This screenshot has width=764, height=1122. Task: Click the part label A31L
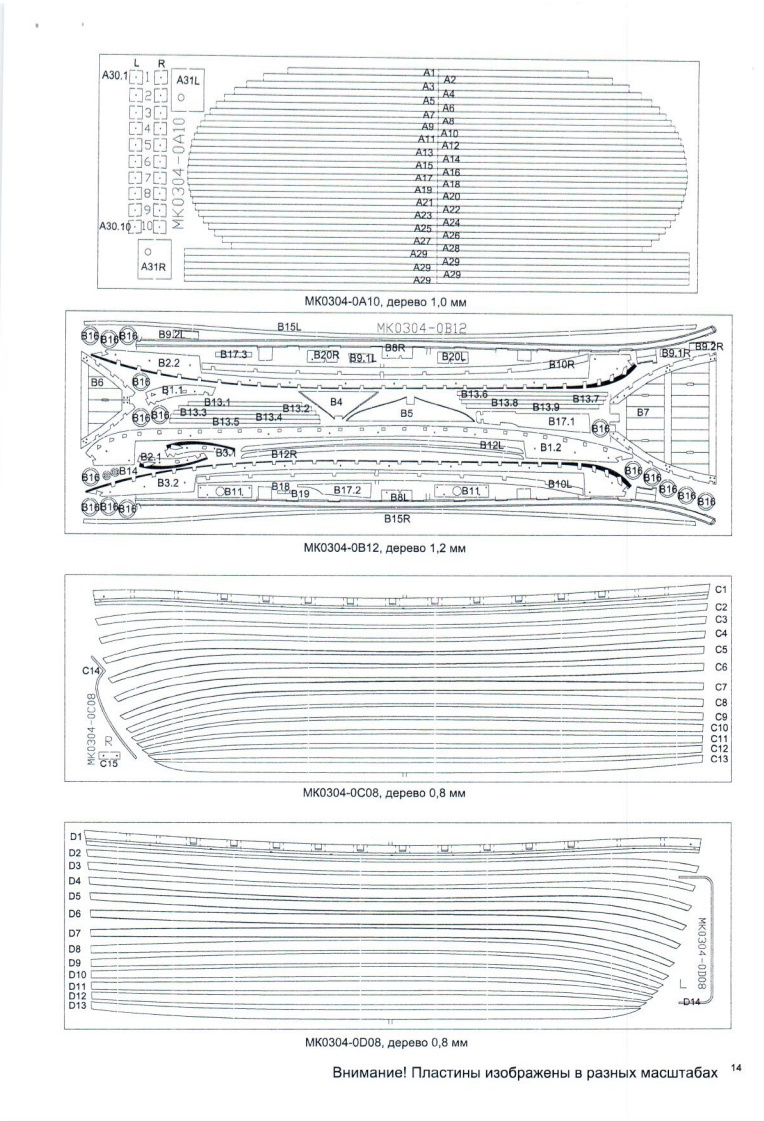[188, 79]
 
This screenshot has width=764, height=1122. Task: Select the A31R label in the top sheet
[152, 267]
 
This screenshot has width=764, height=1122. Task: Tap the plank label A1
[428, 73]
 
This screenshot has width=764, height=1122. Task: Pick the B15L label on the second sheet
[289, 327]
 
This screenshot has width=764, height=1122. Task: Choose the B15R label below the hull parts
[398, 519]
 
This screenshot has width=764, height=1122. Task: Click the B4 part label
[336, 402]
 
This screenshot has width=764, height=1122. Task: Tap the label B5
[406, 412]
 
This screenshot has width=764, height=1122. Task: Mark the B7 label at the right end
[643, 412]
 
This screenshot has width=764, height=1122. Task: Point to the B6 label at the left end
[97, 382]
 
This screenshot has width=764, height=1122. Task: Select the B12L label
[491, 445]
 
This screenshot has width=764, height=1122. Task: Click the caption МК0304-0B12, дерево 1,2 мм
[386, 548]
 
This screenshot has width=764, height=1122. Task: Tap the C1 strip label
[720, 590]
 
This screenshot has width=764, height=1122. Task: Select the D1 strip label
[74, 836]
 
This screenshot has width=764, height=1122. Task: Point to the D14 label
[691, 1002]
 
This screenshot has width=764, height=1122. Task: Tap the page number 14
[736, 1069]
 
